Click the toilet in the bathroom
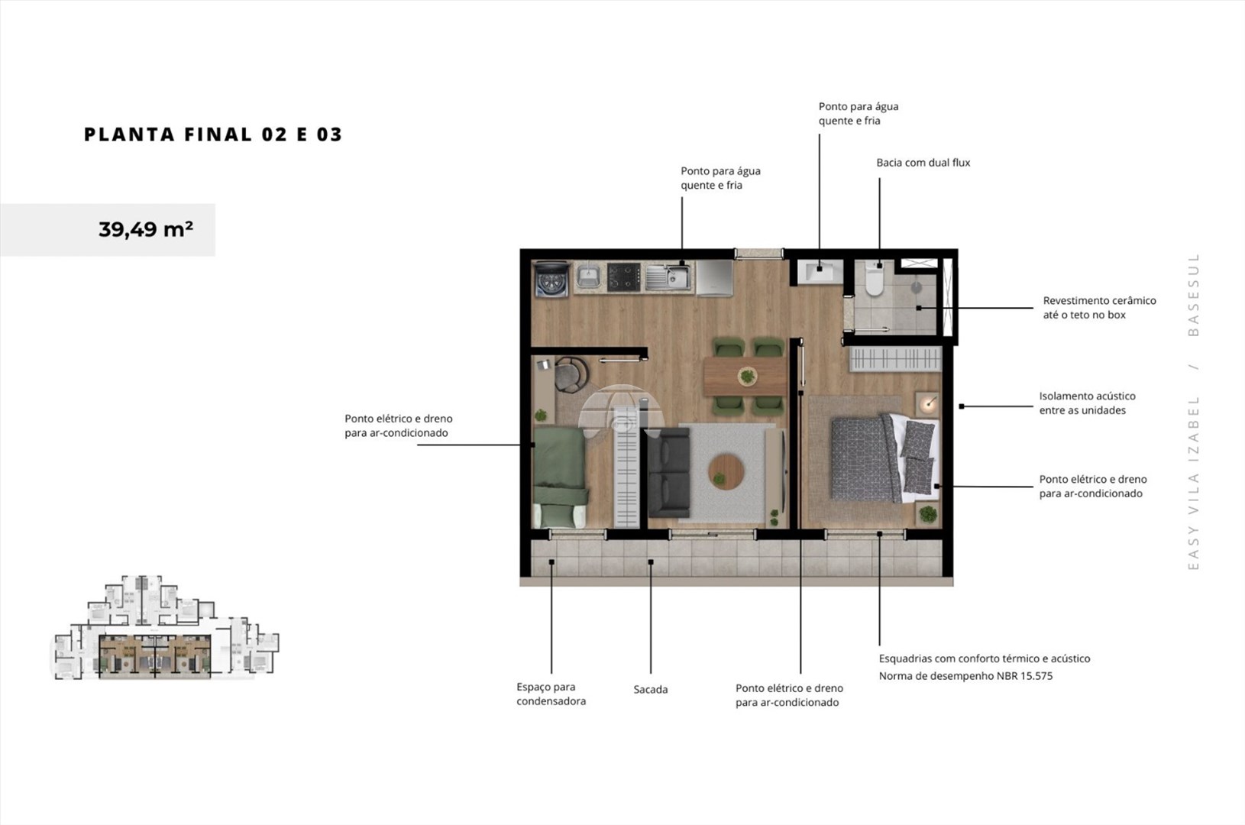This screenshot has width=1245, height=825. [x=874, y=280]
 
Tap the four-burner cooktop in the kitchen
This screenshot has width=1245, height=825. [x=624, y=277]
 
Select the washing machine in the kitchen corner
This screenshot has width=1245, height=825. [x=551, y=279]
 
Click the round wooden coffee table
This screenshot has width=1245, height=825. [x=726, y=471]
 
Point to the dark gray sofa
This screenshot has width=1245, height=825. [x=668, y=472]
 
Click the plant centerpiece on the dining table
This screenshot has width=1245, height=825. [x=748, y=377]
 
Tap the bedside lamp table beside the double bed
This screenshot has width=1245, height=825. [x=927, y=403]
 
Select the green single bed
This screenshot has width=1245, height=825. [x=560, y=477]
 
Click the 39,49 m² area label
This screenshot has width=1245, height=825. [x=146, y=229]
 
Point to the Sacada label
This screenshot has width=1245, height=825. [x=650, y=689]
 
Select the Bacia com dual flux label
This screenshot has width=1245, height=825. [x=923, y=163]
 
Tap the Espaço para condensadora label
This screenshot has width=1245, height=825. [x=551, y=694]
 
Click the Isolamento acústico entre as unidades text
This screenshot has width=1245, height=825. [x=1087, y=403]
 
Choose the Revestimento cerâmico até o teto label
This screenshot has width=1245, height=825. [x=1099, y=307]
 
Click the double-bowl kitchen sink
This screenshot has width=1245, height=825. [x=668, y=277]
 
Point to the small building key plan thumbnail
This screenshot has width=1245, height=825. [x=165, y=628]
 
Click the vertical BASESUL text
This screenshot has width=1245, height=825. [x=1193, y=295]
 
